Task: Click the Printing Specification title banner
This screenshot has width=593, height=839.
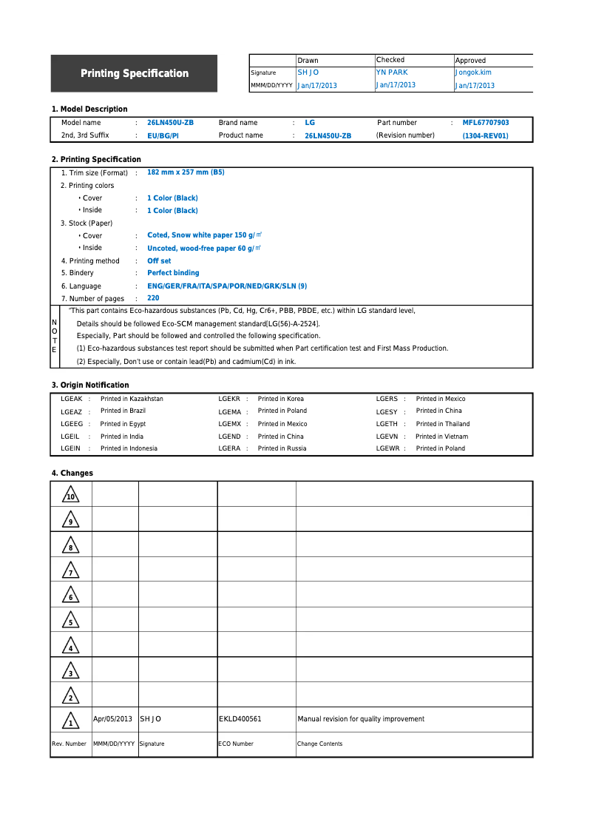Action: (x=134, y=73)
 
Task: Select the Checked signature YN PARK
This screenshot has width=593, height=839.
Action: (x=392, y=73)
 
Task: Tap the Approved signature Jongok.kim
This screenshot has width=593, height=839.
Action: (x=473, y=73)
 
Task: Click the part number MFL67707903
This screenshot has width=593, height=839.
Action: (x=486, y=123)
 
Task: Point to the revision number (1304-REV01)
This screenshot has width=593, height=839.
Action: (x=485, y=136)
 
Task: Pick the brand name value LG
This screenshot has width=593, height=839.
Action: (x=310, y=123)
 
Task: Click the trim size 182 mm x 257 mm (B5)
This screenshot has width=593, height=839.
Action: (x=186, y=172)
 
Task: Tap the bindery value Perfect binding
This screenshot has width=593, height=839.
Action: (x=173, y=273)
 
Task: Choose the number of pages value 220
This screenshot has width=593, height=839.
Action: (x=153, y=298)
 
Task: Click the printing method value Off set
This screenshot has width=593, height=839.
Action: (x=159, y=261)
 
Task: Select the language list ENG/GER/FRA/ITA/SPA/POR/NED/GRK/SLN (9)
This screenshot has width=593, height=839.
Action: (x=227, y=286)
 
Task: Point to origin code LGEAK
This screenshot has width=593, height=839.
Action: (x=72, y=399)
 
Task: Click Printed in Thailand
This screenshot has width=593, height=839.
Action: (x=442, y=424)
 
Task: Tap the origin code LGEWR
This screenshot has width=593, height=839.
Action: (x=387, y=448)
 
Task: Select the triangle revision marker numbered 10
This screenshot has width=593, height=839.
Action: (x=70, y=494)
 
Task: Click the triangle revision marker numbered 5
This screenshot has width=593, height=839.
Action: (x=70, y=620)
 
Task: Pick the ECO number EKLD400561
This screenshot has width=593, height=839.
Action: (x=240, y=719)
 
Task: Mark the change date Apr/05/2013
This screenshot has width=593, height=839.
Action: (x=112, y=719)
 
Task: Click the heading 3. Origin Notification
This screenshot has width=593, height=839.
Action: (x=90, y=385)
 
